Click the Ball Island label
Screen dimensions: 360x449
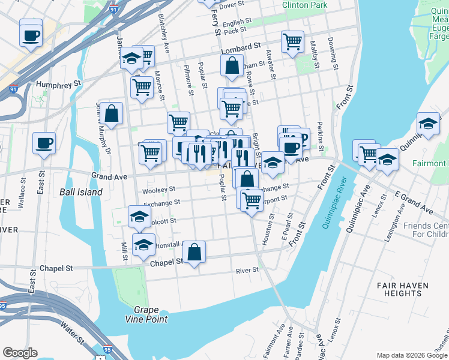point(80,193)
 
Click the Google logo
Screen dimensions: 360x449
point(20,353)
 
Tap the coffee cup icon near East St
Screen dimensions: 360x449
point(44,144)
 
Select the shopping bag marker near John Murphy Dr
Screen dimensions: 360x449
point(111,113)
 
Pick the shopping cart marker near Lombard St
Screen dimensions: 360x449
point(292,42)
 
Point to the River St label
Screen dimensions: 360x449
point(247,270)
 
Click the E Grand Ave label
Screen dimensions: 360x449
point(414,202)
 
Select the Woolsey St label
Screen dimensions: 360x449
point(158,191)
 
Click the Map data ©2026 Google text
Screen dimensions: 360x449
point(411,355)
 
